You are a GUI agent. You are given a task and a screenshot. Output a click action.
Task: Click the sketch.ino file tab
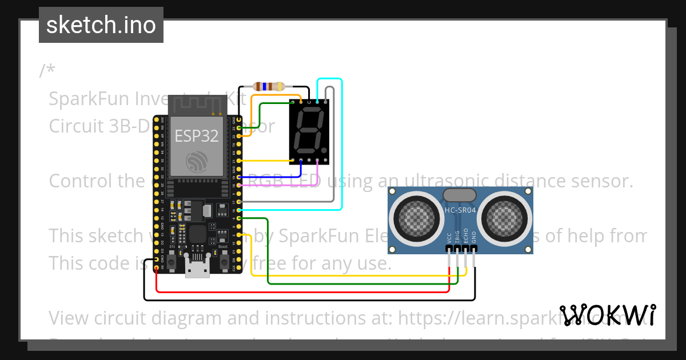point(101,25)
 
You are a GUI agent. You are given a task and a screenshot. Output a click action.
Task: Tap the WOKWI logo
point(607,315)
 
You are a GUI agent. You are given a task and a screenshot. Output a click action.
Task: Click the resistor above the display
point(269,87)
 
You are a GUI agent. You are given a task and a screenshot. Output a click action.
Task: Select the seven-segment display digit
point(309,130)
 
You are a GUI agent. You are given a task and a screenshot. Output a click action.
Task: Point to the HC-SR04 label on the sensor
point(460,210)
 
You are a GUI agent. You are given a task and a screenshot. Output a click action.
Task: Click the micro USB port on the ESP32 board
point(197,268)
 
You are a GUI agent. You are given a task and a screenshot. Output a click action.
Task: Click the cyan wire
point(342,143)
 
